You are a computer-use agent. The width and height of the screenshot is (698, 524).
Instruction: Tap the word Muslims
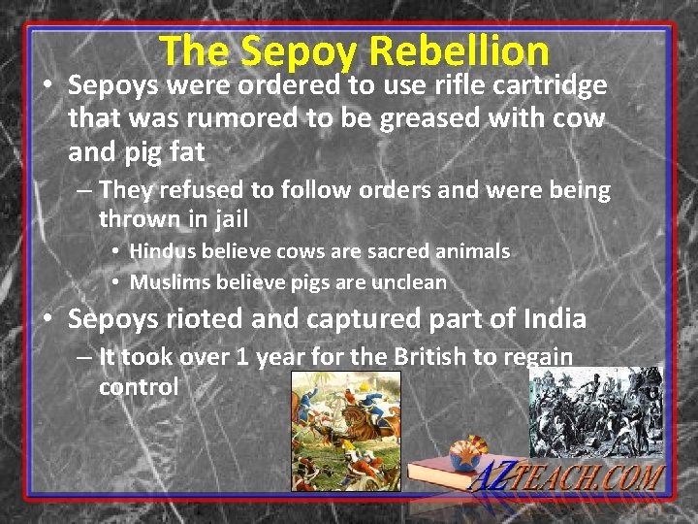(174, 282)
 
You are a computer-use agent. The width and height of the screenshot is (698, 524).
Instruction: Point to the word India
(554, 318)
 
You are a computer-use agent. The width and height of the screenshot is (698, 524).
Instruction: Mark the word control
(139, 387)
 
